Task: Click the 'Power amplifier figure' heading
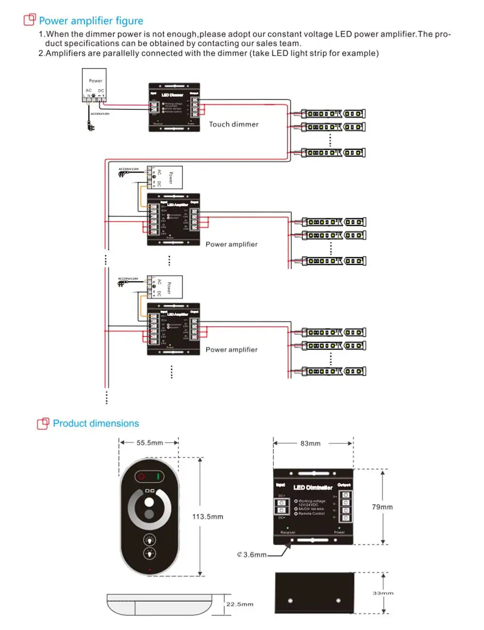91,21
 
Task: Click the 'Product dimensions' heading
96,424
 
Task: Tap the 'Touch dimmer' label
234,125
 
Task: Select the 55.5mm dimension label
150,443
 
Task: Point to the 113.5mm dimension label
208,517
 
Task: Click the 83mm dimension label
310,443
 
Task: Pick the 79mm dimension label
382,507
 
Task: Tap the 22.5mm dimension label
240,604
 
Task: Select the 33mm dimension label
383,593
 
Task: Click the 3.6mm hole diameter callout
252,555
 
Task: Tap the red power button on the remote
141,476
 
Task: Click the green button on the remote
158,476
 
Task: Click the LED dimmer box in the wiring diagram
174,107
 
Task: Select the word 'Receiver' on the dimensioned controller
288,533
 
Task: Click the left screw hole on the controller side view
290,601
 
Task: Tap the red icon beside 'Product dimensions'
43,424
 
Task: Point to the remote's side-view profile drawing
160,604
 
